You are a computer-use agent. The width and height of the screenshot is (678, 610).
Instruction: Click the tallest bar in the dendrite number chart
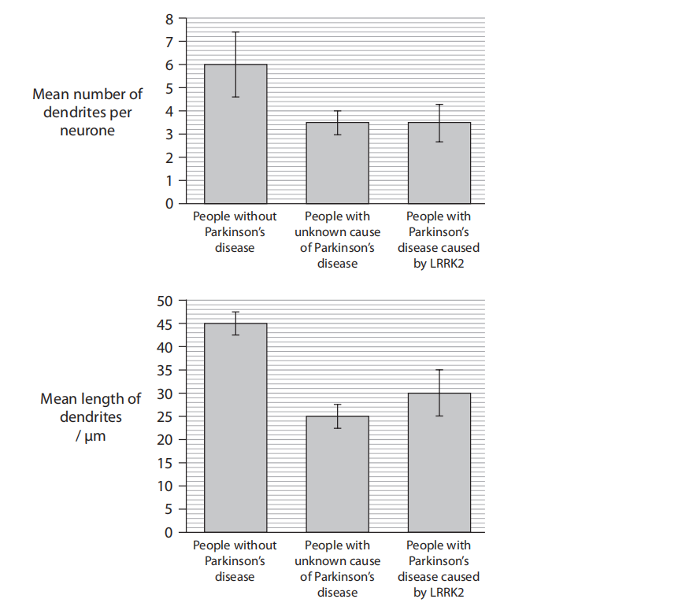pyautogui.click(x=235, y=134)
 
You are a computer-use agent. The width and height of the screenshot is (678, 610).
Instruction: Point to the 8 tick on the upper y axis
pyautogui.click(x=169, y=18)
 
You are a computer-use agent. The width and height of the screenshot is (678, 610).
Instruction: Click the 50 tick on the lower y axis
pyautogui.click(x=164, y=301)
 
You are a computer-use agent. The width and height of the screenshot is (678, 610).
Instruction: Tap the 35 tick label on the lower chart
pyautogui.click(x=164, y=370)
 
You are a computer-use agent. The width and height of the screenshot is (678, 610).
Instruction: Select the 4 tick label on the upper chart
pyautogui.click(x=169, y=111)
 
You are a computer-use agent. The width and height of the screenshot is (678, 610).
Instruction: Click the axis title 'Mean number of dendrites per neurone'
pyautogui.click(x=87, y=113)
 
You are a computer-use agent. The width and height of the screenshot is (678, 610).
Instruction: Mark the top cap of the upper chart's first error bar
pyautogui.click(x=235, y=32)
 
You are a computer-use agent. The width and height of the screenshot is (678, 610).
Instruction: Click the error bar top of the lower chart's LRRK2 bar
pyautogui.click(x=439, y=370)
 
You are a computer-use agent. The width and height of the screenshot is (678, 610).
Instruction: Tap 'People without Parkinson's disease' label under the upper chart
pyautogui.click(x=235, y=232)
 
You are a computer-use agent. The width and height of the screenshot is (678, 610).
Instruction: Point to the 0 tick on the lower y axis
pyautogui.click(x=169, y=532)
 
